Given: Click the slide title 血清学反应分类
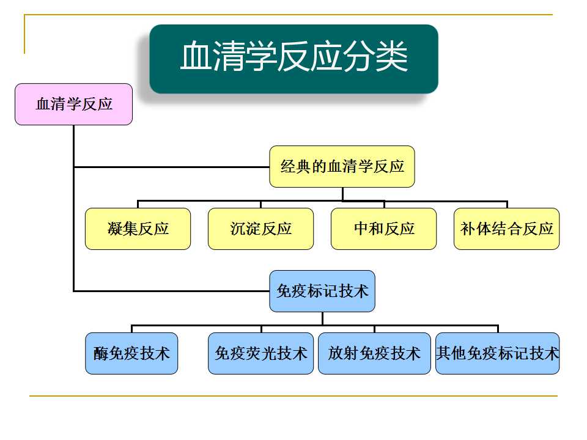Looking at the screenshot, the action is pyautogui.click(x=294, y=57).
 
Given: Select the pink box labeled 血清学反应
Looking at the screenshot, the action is pyautogui.click(x=74, y=104).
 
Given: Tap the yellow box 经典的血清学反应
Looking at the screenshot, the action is pyautogui.click(x=342, y=166).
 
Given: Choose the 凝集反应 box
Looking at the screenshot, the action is pyautogui.click(x=138, y=229).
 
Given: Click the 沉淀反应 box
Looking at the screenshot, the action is pyautogui.click(x=260, y=229).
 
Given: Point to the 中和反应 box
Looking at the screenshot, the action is pyautogui.click(x=384, y=229).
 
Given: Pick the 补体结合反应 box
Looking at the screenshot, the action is pyautogui.click(x=506, y=229).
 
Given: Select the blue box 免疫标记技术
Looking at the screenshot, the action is pyautogui.click(x=322, y=291).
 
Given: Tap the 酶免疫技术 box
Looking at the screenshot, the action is pyautogui.click(x=131, y=353).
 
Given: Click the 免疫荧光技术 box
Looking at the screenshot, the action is pyautogui.click(x=260, y=353).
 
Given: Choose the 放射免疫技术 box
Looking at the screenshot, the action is pyautogui.click(x=374, y=353).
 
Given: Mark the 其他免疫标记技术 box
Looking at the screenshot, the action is pyautogui.click(x=498, y=353).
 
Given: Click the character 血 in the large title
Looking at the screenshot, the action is pyautogui.click(x=196, y=56).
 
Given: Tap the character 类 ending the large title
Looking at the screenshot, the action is pyautogui.click(x=392, y=56).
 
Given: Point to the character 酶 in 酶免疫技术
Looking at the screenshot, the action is pyautogui.click(x=101, y=354).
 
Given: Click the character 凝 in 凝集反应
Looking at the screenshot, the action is pyautogui.click(x=115, y=229).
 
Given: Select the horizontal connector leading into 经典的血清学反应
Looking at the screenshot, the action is pyautogui.click(x=172, y=166).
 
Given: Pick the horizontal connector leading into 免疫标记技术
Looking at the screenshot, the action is pyautogui.click(x=172, y=291).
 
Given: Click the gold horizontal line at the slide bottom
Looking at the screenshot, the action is pyautogui.click(x=293, y=395).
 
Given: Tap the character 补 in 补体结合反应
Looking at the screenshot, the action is pyautogui.click(x=468, y=229).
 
